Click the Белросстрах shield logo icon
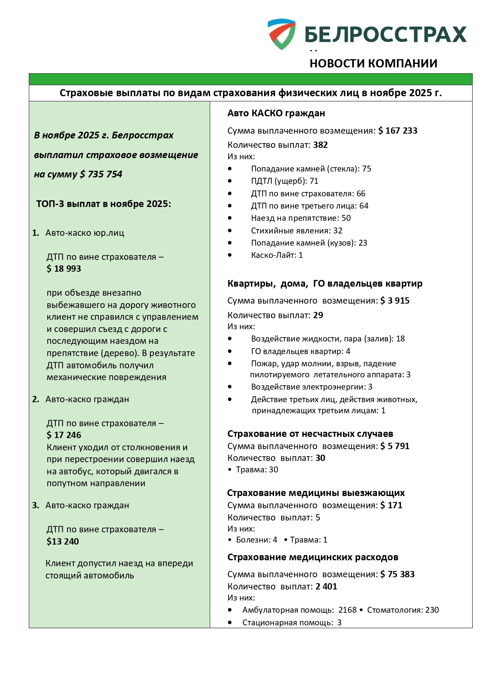(x=282, y=34)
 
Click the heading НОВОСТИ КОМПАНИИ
(x=373, y=63)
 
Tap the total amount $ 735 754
(x=101, y=174)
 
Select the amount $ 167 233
(x=398, y=131)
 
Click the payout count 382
(x=321, y=145)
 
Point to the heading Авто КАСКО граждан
(x=276, y=114)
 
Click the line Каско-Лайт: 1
(x=277, y=255)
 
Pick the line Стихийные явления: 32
(x=297, y=231)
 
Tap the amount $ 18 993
(x=64, y=269)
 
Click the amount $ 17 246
(x=64, y=435)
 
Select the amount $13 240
(x=63, y=542)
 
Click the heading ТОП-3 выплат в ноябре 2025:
(x=103, y=204)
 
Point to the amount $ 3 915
(x=395, y=301)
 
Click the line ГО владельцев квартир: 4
(x=300, y=351)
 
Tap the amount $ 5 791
(x=395, y=446)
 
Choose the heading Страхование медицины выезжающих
(x=316, y=493)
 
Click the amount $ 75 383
(x=398, y=574)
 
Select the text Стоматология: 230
(x=403, y=610)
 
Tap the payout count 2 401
(x=327, y=587)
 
